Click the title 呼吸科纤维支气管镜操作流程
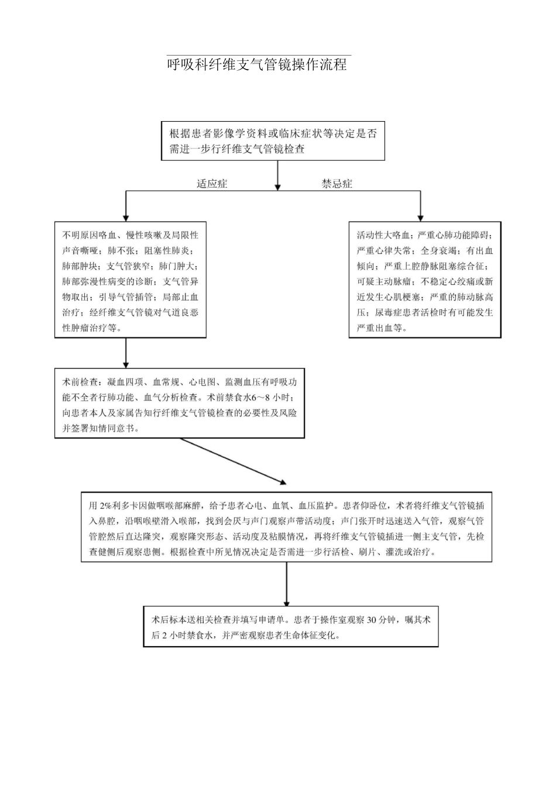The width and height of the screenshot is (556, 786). coord(257,64)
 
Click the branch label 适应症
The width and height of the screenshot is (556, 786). coord(212,184)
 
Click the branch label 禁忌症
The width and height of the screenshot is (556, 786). coord(337,184)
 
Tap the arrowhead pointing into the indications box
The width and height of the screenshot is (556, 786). coord(126,217)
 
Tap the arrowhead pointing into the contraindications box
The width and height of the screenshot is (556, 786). coord(420,217)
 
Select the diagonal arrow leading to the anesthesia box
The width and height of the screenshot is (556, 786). coord(234,461)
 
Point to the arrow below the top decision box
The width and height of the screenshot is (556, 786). coord(278,175)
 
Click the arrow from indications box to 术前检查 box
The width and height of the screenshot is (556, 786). coord(126,353)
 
